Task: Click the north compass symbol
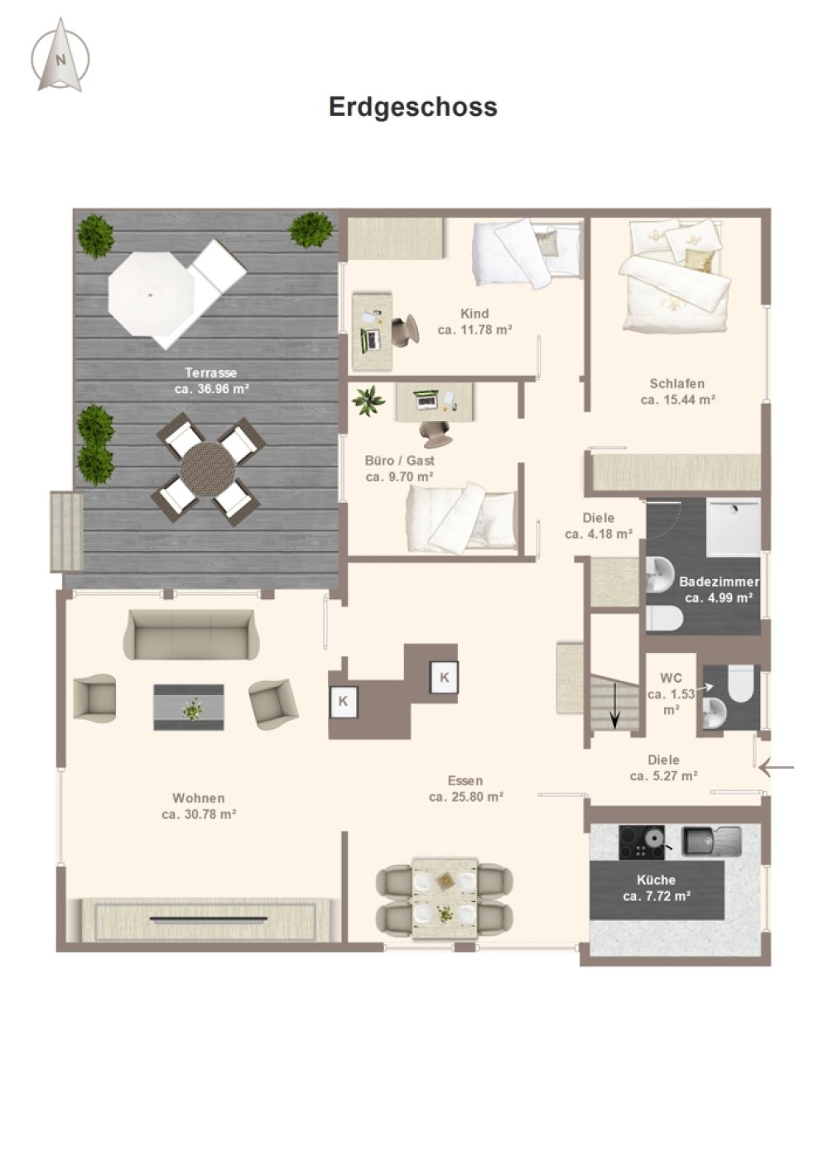click(x=60, y=55)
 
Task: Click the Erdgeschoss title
click(x=413, y=107)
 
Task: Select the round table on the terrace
click(x=208, y=469)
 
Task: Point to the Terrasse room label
click(x=211, y=373)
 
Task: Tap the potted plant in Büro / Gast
click(x=369, y=401)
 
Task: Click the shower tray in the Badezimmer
click(x=733, y=528)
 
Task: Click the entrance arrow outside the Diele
click(x=777, y=768)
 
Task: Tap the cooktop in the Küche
click(x=642, y=842)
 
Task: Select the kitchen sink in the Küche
click(x=711, y=841)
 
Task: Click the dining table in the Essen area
click(x=445, y=898)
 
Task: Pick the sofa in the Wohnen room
click(x=191, y=635)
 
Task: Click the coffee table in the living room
click(x=189, y=707)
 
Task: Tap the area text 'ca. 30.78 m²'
click(x=200, y=814)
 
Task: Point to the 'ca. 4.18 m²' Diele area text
click(x=599, y=535)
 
